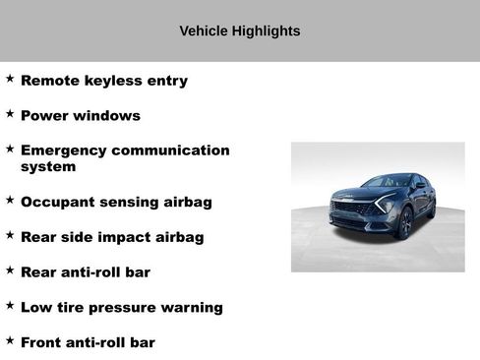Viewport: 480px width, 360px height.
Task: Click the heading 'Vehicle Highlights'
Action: click(240, 30)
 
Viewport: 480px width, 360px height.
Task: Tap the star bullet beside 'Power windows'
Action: click(10, 113)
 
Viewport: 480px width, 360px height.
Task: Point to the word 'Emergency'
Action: click(63, 150)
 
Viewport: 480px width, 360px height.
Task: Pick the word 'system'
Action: click(48, 167)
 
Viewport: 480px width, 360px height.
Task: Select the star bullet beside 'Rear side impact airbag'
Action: click(10, 235)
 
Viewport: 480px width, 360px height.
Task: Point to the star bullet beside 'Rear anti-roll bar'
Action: click(10, 270)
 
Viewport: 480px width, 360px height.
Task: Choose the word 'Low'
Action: click(36, 307)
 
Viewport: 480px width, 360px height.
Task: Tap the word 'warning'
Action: click(193, 308)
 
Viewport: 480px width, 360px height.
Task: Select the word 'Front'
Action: click(42, 342)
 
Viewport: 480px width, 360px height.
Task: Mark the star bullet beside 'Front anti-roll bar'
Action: click(10, 340)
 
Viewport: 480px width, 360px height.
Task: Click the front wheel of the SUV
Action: click(404, 224)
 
